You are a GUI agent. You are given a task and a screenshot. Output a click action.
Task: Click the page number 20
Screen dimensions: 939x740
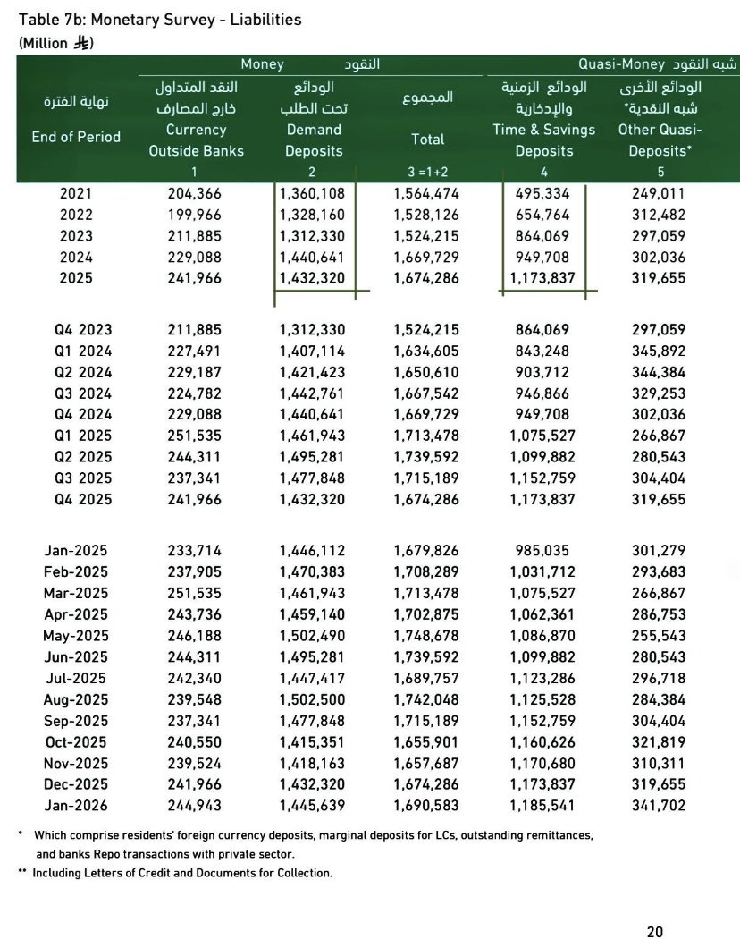point(655,931)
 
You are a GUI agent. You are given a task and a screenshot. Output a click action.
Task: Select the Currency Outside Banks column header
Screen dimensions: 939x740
point(196,140)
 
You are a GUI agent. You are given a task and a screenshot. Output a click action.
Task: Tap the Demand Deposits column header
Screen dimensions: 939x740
point(314,140)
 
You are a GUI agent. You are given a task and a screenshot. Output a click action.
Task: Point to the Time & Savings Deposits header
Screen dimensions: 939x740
point(543,140)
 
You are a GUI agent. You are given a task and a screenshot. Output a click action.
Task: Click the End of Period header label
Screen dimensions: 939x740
point(76,137)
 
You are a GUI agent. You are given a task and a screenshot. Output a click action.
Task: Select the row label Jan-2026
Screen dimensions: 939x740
point(76,806)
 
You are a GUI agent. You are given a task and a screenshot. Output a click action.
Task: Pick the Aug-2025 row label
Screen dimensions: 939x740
point(76,699)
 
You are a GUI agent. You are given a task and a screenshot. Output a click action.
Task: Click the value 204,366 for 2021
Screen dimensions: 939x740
point(195,192)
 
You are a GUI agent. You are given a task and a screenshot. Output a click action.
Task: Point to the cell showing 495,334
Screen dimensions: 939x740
point(543,192)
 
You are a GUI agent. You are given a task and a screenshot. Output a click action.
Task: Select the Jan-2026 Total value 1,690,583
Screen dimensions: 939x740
point(426,806)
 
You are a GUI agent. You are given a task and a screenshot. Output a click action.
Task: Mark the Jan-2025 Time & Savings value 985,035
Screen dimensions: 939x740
point(543,550)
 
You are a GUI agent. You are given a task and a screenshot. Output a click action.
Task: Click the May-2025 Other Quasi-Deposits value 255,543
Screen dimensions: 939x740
point(659,635)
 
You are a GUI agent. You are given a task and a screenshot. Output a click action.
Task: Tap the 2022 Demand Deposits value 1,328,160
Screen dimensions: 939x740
point(312,214)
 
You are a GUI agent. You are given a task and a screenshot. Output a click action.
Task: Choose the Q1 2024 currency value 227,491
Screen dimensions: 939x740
point(195,351)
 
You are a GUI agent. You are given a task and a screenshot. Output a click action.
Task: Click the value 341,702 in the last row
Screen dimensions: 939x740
point(659,806)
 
